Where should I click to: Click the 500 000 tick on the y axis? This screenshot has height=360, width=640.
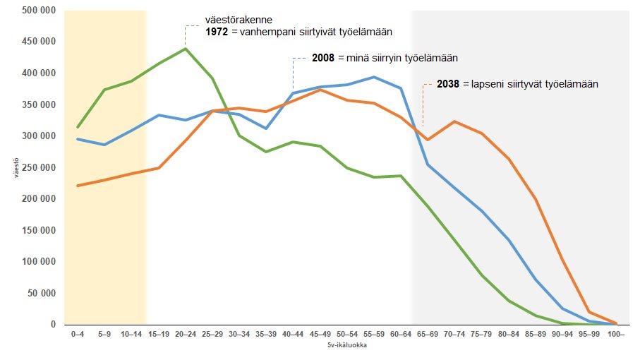[x=39, y=11]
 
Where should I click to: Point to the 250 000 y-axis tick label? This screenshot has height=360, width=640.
[x=39, y=167]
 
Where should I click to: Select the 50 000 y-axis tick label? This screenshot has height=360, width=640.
[x=41, y=293]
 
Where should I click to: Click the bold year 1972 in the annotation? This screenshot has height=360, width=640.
[x=217, y=32]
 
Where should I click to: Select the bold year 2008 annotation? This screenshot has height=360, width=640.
[x=324, y=58]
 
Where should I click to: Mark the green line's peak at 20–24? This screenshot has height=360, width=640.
[x=186, y=49]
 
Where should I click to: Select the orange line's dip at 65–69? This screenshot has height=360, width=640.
[x=427, y=140]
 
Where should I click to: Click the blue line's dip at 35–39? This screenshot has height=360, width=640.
[x=266, y=128]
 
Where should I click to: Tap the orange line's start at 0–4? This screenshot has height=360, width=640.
[x=78, y=186]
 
